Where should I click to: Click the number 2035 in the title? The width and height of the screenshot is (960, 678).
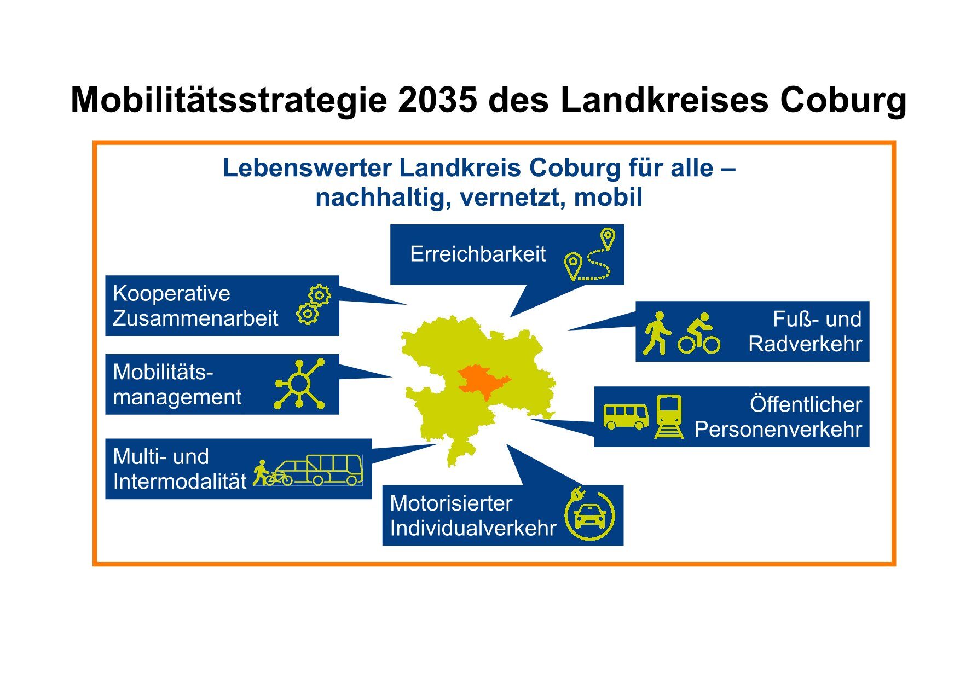(x=437, y=100)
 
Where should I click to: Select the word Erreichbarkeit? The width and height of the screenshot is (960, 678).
(x=478, y=254)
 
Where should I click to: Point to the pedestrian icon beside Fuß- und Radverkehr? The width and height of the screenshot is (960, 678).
(x=657, y=333)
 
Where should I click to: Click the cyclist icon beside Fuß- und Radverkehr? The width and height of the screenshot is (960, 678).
(x=699, y=333)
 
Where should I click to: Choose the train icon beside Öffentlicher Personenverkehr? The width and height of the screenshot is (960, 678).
(x=669, y=417)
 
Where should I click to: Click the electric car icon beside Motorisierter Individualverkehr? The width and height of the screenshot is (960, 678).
(x=589, y=514)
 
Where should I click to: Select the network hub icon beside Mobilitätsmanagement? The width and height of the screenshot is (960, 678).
(x=299, y=384)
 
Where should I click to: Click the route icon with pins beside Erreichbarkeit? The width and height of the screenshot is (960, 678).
(x=590, y=254)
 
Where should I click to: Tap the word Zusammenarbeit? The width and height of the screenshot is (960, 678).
(x=195, y=318)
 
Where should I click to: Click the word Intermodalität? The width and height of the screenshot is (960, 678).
(x=180, y=482)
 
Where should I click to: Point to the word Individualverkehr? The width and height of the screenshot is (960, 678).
(x=473, y=529)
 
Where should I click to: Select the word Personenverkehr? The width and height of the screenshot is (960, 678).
(x=778, y=430)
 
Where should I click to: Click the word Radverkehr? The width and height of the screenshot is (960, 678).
(x=805, y=344)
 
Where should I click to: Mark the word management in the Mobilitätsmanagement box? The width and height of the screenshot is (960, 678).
(x=177, y=397)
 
